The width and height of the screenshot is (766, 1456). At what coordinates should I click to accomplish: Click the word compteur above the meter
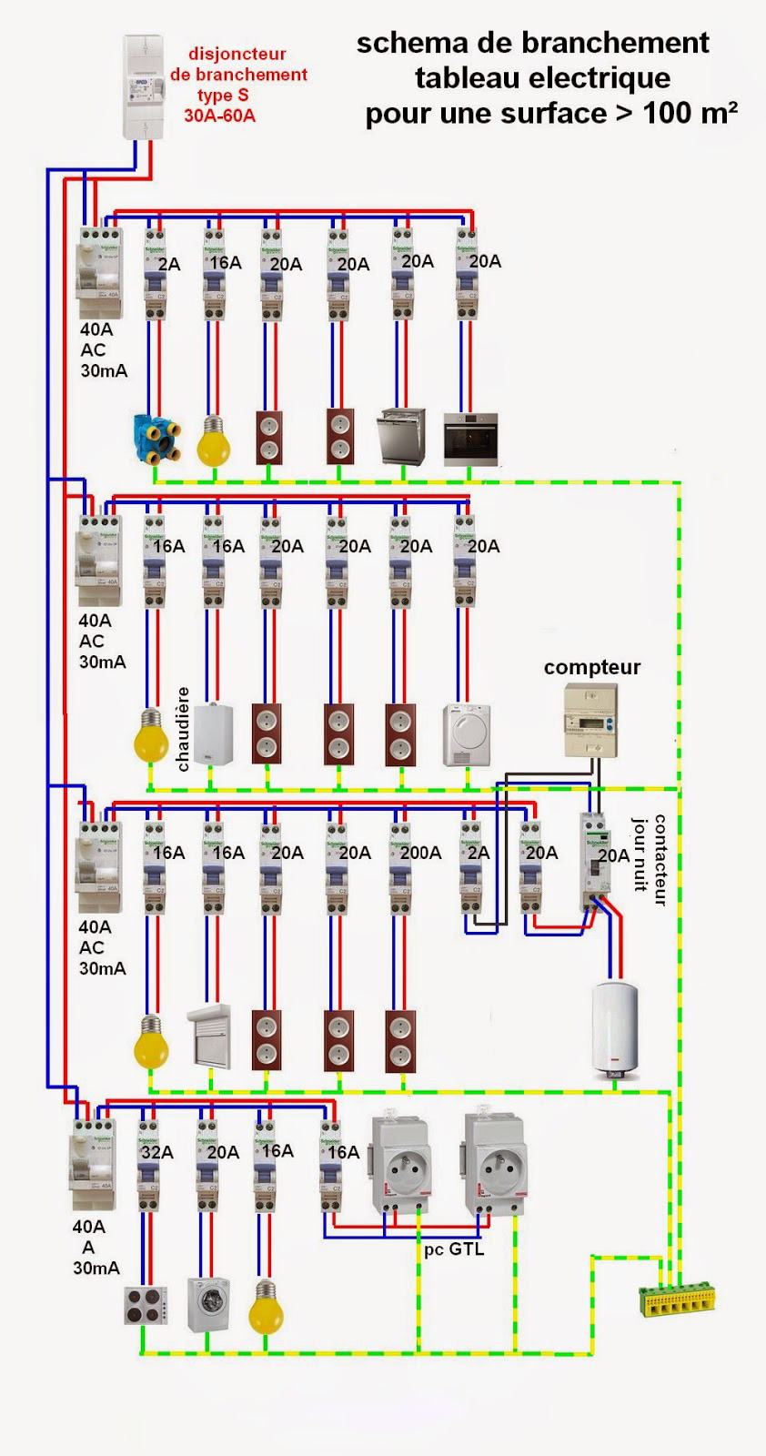[x=592, y=667]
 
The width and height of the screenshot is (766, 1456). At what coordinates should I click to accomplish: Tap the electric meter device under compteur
[x=591, y=722]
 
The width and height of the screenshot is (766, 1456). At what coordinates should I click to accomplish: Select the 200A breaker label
[x=420, y=853]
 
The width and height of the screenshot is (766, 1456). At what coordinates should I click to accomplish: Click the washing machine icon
[x=207, y=1304]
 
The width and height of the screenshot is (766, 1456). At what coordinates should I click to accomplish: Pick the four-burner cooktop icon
[x=146, y=1306]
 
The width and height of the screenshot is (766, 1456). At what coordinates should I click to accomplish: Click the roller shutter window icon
[x=209, y=1036]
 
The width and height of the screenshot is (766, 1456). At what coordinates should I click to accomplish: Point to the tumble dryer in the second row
[x=467, y=734]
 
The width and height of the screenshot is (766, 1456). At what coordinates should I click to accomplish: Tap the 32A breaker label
[x=156, y=1152]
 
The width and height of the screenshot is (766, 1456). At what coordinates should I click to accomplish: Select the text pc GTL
[x=454, y=1249]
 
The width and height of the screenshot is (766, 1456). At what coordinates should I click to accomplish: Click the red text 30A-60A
[x=219, y=116]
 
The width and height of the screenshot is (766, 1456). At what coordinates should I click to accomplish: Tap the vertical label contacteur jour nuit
[x=650, y=859]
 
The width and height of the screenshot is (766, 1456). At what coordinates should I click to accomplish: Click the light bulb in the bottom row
[x=265, y=1308]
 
